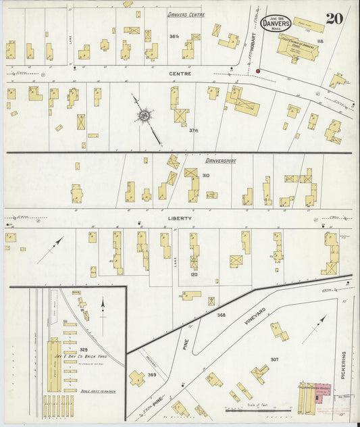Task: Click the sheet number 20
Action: coord(333,18)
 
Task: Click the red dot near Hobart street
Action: coord(258,70)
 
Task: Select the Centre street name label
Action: coord(182,73)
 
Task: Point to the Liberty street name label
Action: coord(180,218)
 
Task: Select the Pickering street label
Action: coord(344,365)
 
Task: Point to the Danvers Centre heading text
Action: coord(186,14)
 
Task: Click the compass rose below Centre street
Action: coord(144,116)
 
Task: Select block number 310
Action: coord(205,176)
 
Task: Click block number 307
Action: coord(274,359)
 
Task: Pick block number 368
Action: coord(220,315)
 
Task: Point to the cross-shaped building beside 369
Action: coord(138,378)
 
